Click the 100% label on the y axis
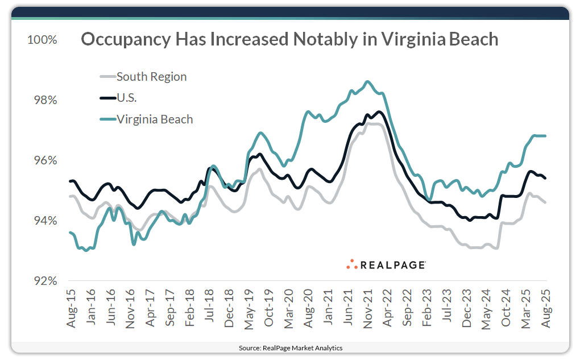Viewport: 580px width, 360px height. point(42,40)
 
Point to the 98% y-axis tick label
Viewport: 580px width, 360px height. point(44,101)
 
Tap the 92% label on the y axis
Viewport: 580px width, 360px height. point(44,281)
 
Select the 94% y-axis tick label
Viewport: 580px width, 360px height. point(44,221)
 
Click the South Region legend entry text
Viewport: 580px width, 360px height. point(151,76)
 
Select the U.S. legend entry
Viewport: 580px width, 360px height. point(127,98)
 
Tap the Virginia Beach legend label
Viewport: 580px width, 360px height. point(155,119)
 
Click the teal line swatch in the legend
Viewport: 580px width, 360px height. point(107,119)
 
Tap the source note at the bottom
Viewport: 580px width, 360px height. point(290,347)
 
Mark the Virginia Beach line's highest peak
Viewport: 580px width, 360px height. point(367,81)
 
